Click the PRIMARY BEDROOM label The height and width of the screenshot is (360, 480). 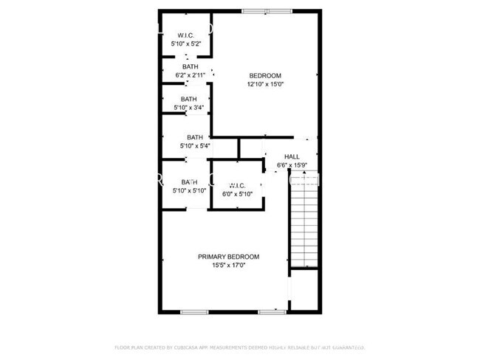pos(228,257)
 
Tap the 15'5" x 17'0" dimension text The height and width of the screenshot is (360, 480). pos(228,266)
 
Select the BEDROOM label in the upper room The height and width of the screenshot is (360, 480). pos(265,76)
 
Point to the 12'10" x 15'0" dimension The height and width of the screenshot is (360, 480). pos(265,85)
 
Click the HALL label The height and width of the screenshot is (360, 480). pos(292,156)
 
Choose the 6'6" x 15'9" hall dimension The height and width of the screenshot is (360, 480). pos(292,165)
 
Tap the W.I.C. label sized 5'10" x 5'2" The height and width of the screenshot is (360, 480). pos(185,36)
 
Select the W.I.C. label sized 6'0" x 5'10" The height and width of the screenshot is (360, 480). pos(237,185)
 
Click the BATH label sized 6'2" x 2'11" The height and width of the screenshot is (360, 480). pos(190,67)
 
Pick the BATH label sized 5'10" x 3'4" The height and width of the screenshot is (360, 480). pos(189,100)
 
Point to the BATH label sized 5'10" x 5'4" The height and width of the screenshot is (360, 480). pos(195,137)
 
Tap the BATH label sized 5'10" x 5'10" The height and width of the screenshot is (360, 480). pos(190,182)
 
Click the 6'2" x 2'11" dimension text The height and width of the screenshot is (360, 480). pos(190,75)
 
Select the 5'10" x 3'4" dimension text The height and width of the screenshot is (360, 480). pos(189,108)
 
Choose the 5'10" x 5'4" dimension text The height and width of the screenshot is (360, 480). pos(195,146)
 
